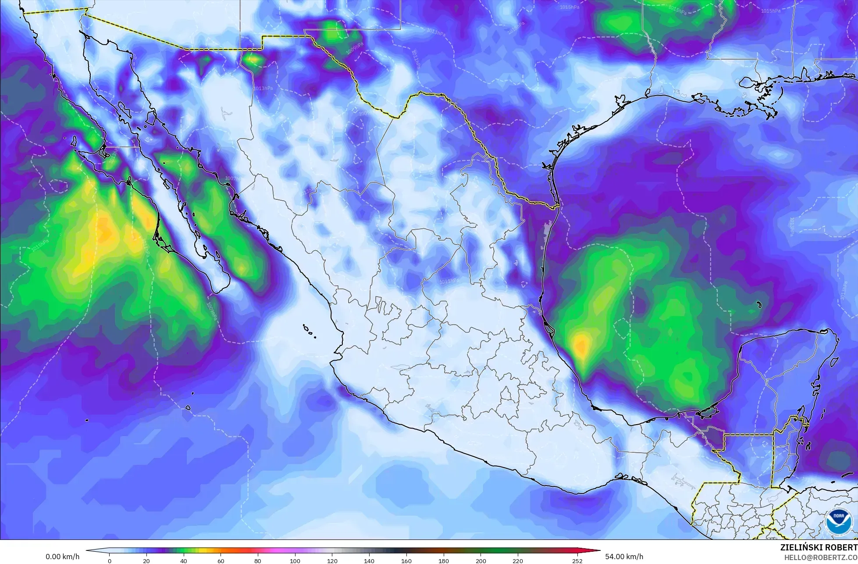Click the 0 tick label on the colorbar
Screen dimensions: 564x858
(110, 560)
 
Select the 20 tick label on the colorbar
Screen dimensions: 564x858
(146, 560)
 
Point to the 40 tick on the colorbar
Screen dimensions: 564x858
(184, 560)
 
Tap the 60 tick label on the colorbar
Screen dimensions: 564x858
(221, 560)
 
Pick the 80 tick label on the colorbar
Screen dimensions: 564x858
(258, 560)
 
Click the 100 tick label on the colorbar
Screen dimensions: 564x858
(295, 560)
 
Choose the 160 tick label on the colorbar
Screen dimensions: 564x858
(406, 560)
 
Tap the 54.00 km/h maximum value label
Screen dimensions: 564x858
(624, 557)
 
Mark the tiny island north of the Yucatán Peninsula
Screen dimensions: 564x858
(758, 304)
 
